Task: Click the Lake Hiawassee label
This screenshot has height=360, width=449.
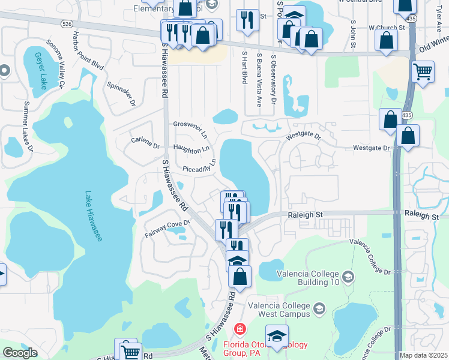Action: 94,216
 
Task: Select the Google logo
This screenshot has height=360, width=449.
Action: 20,353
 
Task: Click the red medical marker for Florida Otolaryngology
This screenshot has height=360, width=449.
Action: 240,329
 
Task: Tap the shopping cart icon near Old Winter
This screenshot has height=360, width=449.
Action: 423,73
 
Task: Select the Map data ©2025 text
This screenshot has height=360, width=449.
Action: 423,355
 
